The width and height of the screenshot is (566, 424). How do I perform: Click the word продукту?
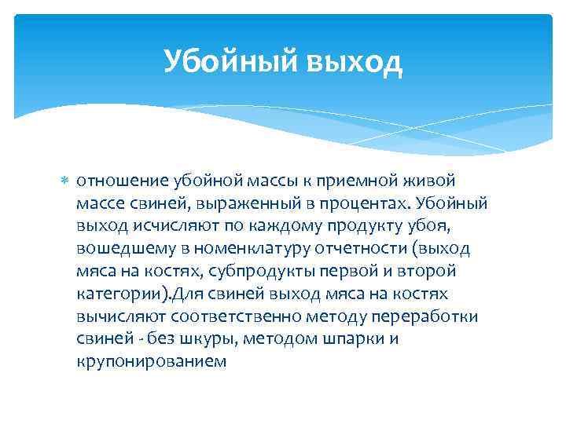point(335,226)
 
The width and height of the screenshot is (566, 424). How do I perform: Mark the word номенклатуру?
point(238,249)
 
